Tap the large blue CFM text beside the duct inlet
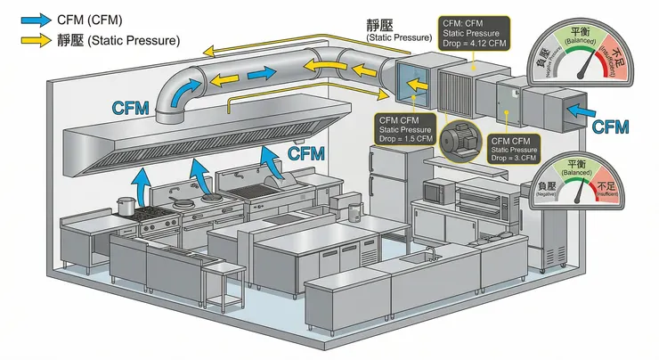(611, 127)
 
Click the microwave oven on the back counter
(438, 190)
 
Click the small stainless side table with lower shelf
(223, 282)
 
